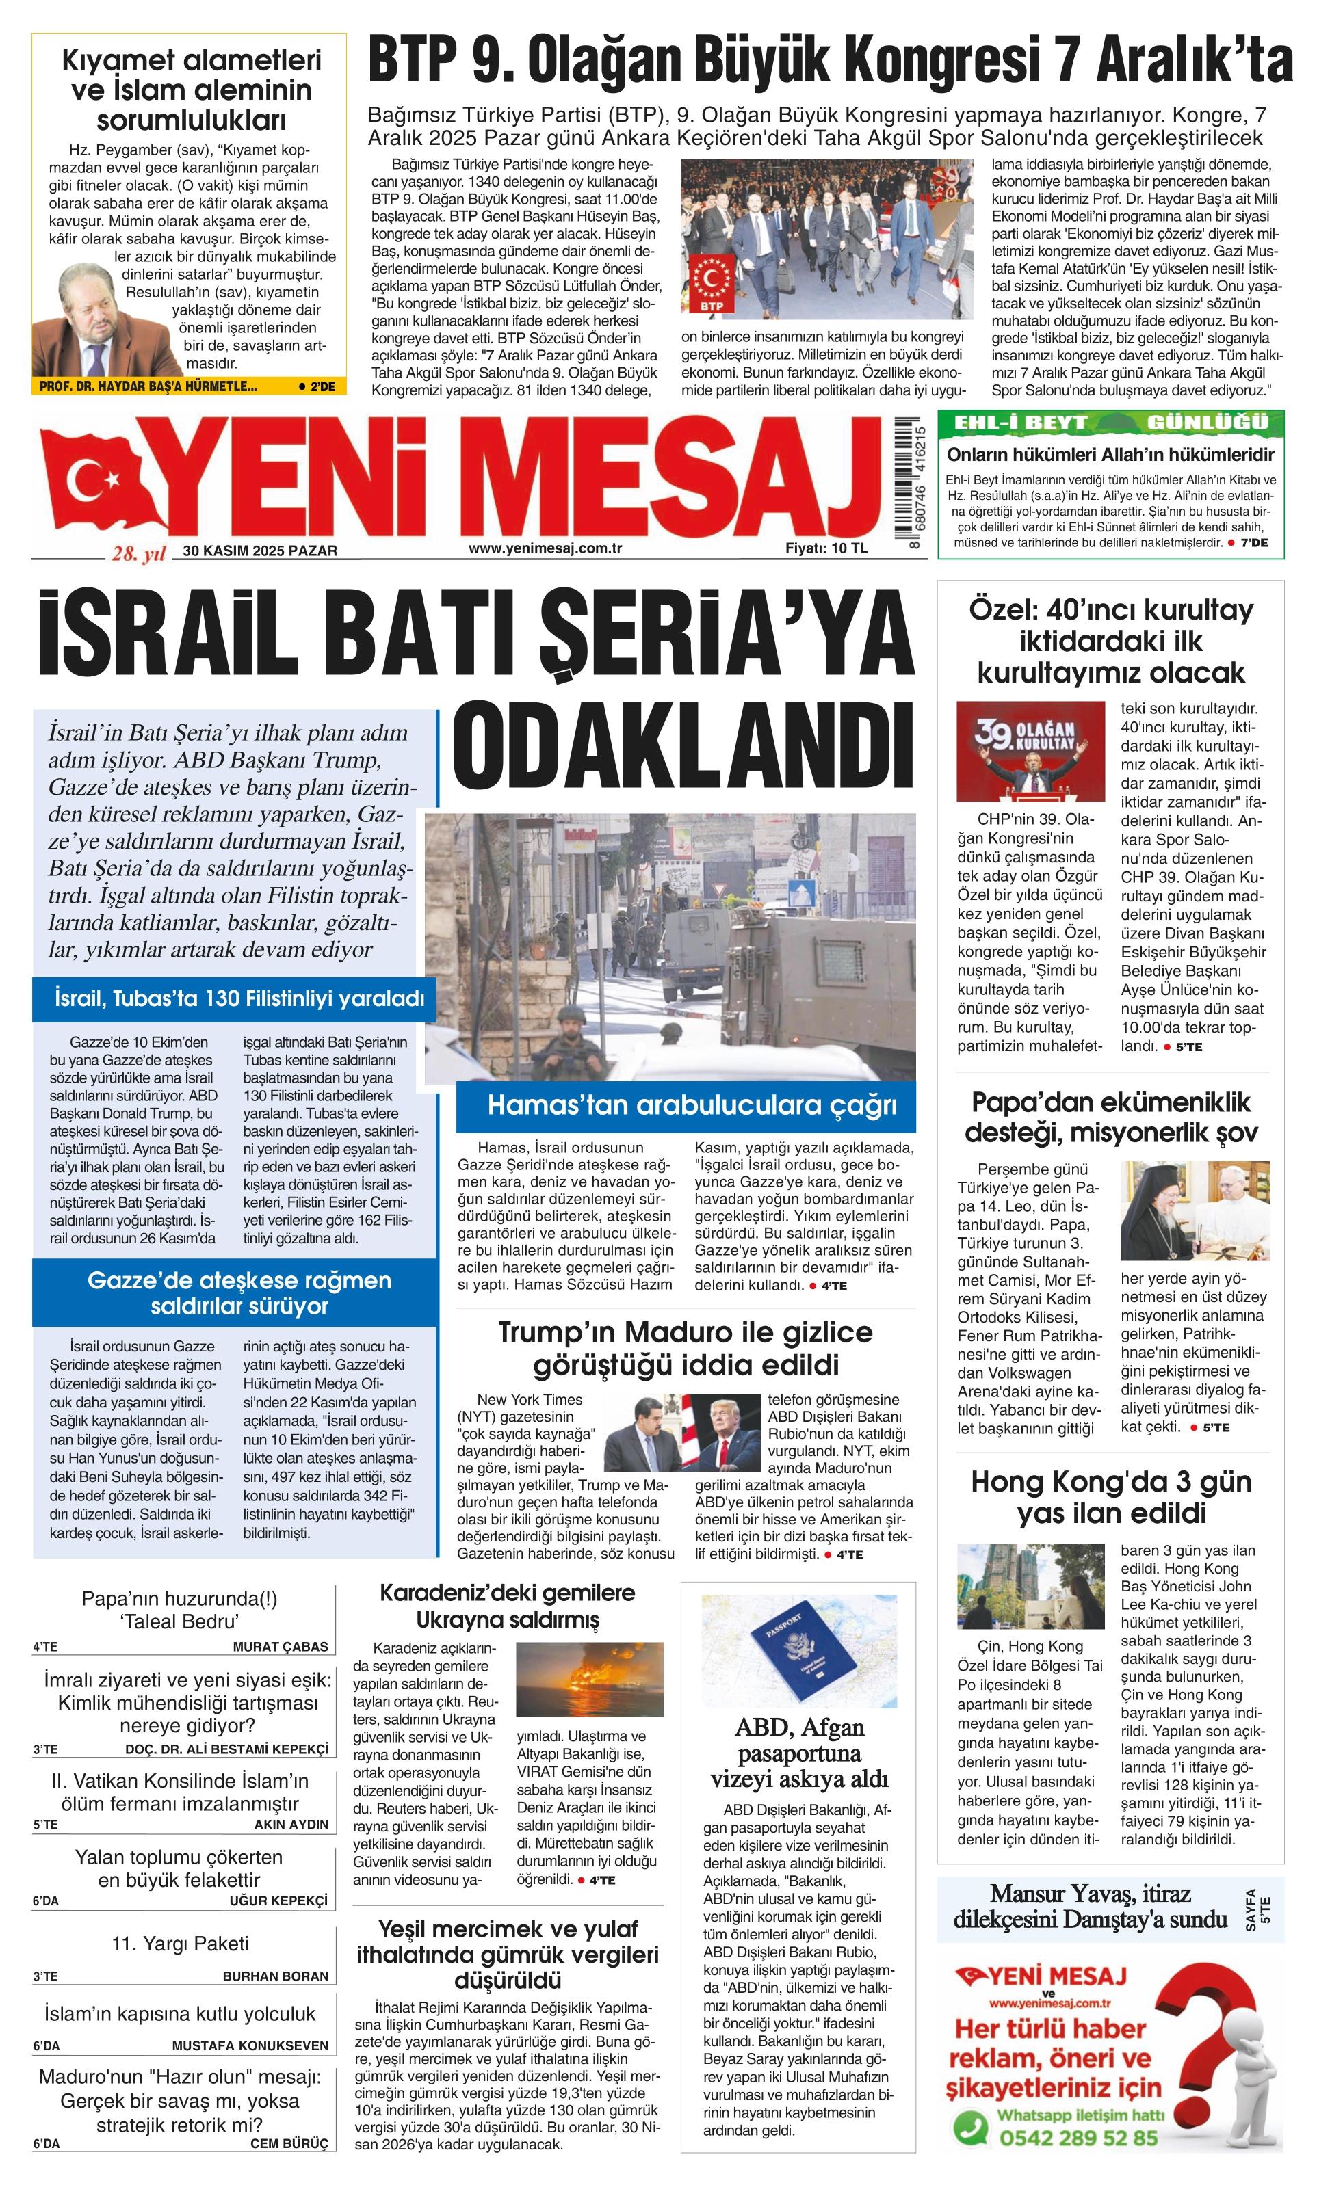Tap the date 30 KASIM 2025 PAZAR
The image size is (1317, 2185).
pyautogui.click(x=260, y=551)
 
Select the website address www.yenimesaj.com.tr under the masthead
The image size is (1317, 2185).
pyautogui.click(x=545, y=548)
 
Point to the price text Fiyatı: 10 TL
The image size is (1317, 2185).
pyautogui.click(x=826, y=548)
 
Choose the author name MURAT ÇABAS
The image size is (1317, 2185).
pyautogui.click(x=281, y=1647)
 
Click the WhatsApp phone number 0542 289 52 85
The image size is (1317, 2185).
pyautogui.click(x=1078, y=2138)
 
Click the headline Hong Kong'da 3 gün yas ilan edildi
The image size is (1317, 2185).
pyautogui.click(x=1111, y=1497)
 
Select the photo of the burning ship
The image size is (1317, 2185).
pyautogui.click(x=589, y=1680)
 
